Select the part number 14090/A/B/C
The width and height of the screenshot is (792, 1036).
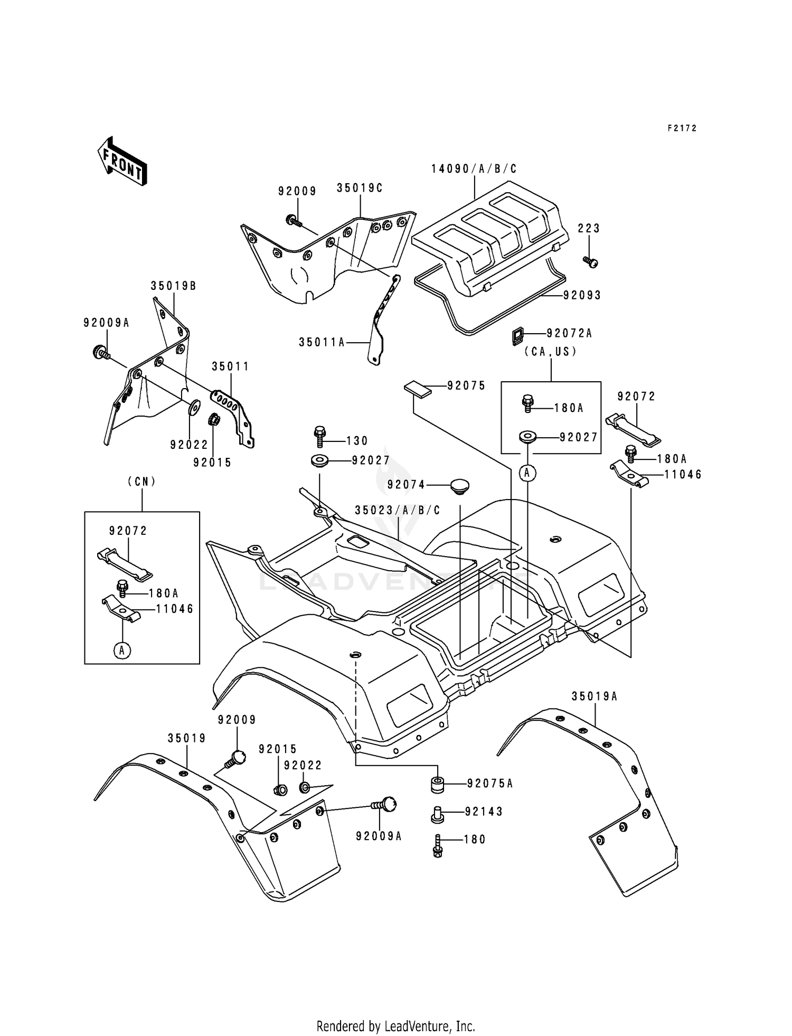[x=474, y=169]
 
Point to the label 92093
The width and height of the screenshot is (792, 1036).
[x=582, y=296]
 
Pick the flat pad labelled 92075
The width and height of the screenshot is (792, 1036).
[x=418, y=389]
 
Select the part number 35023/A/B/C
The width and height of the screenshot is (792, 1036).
[x=397, y=511]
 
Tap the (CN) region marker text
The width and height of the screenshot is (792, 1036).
[x=142, y=482]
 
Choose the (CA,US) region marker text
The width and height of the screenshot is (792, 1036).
[x=551, y=352]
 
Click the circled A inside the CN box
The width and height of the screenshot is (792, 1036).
[x=122, y=651]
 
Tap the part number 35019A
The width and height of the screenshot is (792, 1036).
[x=594, y=696]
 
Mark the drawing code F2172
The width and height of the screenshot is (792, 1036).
[x=682, y=128]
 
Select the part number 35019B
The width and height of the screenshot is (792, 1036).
[x=173, y=286]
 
